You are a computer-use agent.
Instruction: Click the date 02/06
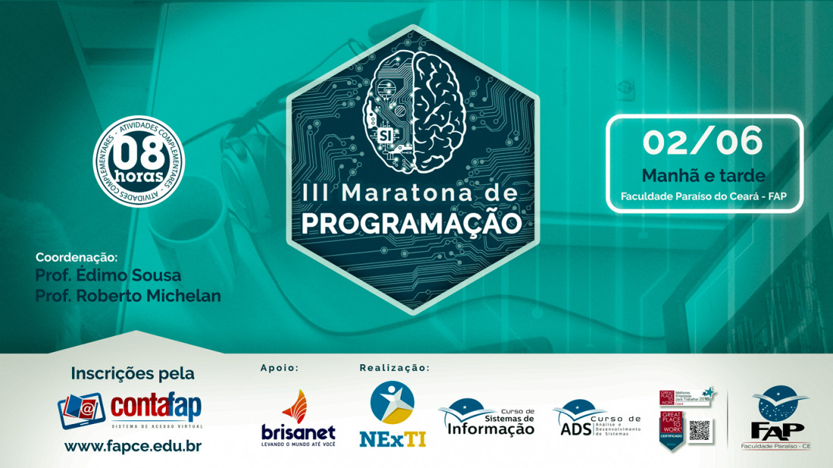(x=703, y=142)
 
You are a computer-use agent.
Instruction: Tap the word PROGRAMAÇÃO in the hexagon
(x=412, y=223)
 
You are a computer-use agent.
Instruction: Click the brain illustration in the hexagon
(x=413, y=106)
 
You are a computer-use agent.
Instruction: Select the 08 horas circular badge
(x=139, y=160)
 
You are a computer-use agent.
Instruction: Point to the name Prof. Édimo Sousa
(x=108, y=275)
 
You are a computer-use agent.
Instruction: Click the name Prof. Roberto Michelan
(x=128, y=295)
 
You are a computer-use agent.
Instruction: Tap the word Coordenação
(x=82, y=257)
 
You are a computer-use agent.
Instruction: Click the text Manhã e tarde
(x=703, y=175)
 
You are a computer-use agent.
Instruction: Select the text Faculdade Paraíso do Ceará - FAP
(x=703, y=196)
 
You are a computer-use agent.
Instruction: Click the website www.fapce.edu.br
(x=133, y=446)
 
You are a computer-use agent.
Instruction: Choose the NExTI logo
(x=392, y=413)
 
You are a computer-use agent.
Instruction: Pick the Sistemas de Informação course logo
(x=486, y=418)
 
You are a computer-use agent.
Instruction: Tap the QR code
(x=700, y=431)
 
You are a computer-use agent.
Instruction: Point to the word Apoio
(x=279, y=368)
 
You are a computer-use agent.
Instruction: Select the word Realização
(x=394, y=368)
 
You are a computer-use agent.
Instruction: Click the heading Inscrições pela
(x=133, y=373)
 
